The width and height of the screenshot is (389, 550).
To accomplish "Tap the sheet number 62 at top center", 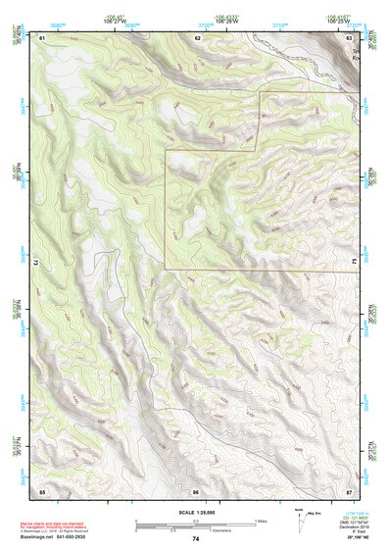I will (x=197, y=37).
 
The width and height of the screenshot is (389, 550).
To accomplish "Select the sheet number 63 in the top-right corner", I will (x=351, y=37).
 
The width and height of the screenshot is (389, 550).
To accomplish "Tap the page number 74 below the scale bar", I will (x=195, y=539).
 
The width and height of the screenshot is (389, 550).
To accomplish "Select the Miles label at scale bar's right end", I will (x=261, y=521).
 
